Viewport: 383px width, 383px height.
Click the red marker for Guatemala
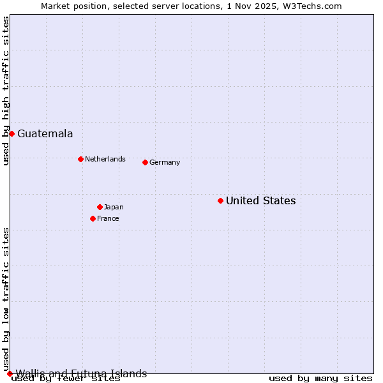pos(11,133)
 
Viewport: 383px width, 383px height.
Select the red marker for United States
pos(220,200)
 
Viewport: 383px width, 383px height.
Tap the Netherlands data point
pos(80,159)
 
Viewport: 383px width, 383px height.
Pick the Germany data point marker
pos(145,162)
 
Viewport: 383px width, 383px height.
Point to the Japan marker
pos(100,207)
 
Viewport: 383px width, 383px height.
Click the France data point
pos(93,218)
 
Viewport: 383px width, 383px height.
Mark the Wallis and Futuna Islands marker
pos(10,373)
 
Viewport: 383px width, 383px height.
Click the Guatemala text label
pos(45,133)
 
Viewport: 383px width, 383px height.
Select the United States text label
pos(260,200)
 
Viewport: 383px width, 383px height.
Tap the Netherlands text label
pos(105,159)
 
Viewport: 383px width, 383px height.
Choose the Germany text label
pos(165,162)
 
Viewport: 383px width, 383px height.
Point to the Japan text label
pos(114,207)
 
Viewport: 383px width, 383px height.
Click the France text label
pos(108,218)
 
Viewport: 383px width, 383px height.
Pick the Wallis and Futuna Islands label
pos(81,373)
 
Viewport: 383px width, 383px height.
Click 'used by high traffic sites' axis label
pos(6,91)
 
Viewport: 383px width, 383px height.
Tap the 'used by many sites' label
pos(320,379)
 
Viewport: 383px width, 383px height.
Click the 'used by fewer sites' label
pos(66,379)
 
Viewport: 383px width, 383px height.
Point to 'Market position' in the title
pos(69,6)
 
